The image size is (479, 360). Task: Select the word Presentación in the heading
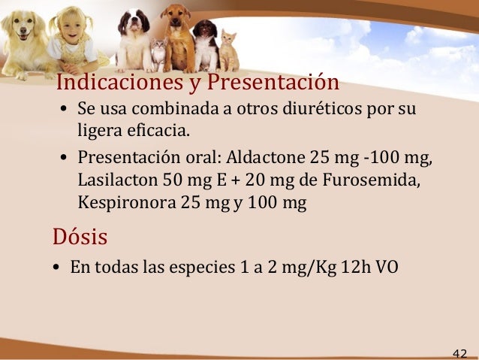pyautogui.click(x=273, y=80)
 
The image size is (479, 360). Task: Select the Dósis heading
pyautogui.click(x=80, y=237)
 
